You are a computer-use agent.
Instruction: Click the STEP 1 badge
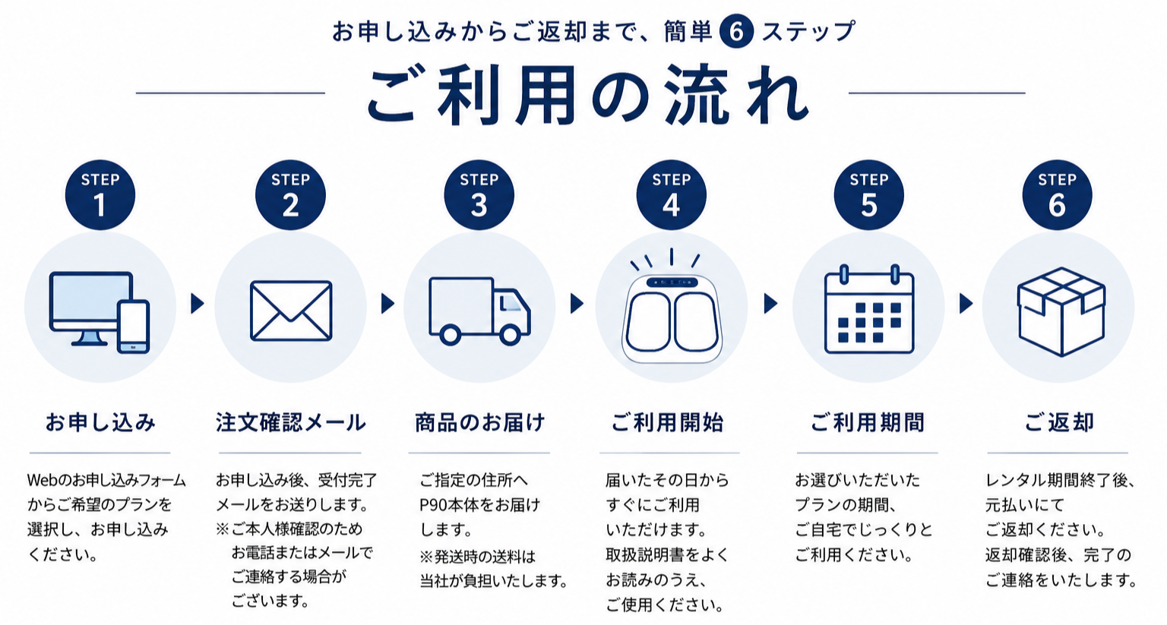click(x=100, y=195)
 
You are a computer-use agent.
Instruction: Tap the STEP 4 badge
click(x=671, y=195)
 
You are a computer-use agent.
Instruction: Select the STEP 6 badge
click(x=1057, y=195)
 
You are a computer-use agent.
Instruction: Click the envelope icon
click(x=291, y=311)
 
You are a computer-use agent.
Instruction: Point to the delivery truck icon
click(x=479, y=311)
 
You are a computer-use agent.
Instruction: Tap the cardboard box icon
click(x=1061, y=311)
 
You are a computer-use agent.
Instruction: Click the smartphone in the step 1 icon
click(x=134, y=327)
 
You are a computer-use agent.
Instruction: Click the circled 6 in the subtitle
click(x=736, y=32)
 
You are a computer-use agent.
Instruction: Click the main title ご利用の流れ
click(x=587, y=95)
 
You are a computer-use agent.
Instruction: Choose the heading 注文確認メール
click(x=291, y=422)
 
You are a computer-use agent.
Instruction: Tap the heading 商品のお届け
click(x=479, y=422)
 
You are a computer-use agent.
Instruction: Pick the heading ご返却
click(x=1058, y=422)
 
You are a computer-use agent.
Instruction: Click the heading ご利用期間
click(x=868, y=422)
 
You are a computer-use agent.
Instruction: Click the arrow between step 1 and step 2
click(x=197, y=304)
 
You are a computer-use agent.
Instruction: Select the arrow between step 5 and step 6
click(x=966, y=304)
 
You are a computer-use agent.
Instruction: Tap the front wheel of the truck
click(x=510, y=335)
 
